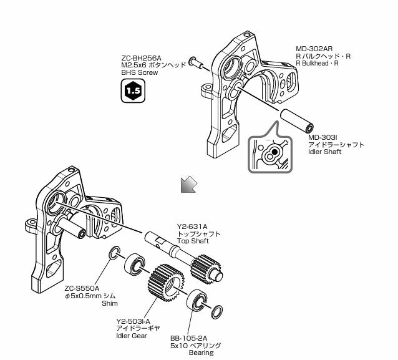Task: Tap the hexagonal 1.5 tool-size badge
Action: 132,92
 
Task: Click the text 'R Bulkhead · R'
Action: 317,64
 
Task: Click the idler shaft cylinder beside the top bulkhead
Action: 296,120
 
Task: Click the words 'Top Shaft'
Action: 193,241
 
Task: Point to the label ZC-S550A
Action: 82,289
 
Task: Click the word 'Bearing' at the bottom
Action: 200,353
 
